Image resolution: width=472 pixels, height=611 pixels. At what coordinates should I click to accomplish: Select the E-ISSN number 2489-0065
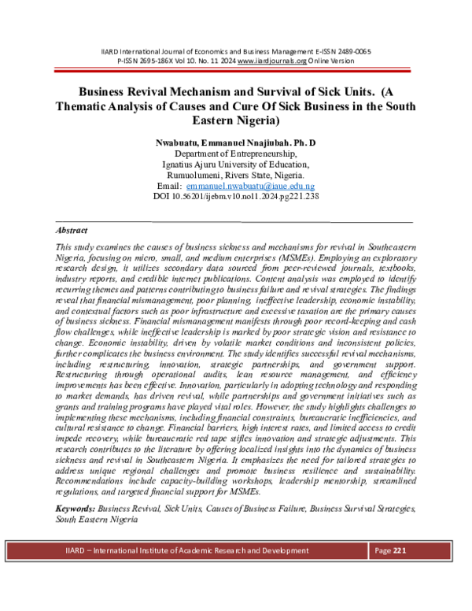tap(352, 51)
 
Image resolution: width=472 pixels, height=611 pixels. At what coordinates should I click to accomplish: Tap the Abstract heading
tap(72, 231)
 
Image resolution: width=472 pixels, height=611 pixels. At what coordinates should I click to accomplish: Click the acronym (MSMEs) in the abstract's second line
tap(392, 257)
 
